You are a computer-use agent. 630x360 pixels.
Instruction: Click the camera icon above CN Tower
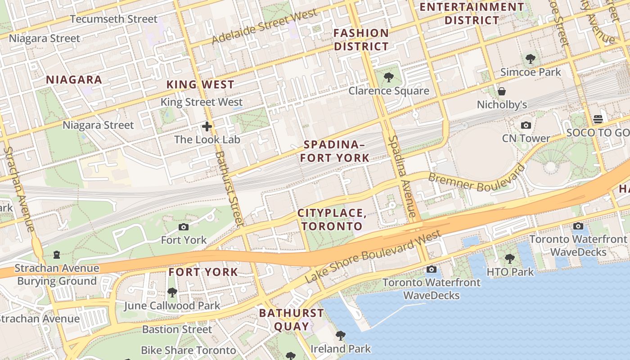[x=526, y=125]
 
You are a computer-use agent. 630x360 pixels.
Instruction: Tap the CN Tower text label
[x=526, y=139]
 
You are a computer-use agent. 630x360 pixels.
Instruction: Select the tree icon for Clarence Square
[x=388, y=77]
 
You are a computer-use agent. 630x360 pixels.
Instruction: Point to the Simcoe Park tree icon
[x=531, y=58]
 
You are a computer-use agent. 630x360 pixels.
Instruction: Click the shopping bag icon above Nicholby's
[x=502, y=92]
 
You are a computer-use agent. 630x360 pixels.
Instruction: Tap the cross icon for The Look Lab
[x=207, y=126]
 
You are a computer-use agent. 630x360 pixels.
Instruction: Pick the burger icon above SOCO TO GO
[x=598, y=119]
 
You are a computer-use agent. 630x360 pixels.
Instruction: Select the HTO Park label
[x=510, y=272]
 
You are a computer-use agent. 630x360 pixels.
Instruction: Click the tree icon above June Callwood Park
[x=172, y=292]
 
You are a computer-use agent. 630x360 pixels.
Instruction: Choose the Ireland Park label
[x=341, y=349]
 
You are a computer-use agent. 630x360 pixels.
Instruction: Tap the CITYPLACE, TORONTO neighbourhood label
[x=332, y=220]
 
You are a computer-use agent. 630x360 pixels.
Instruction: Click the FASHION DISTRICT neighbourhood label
[x=361, y=40]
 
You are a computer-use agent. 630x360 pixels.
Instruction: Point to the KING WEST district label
[x=200, y=85]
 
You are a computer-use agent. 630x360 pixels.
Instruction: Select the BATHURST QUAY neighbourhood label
[x=291, y=319]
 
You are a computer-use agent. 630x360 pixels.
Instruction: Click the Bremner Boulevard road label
[x=476, y=179]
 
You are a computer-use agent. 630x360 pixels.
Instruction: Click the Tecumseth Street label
[x=114, y=19]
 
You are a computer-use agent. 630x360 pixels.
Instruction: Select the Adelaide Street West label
[x=264, y=27]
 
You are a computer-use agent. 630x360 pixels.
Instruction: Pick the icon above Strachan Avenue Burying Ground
[x=57, y=255]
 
